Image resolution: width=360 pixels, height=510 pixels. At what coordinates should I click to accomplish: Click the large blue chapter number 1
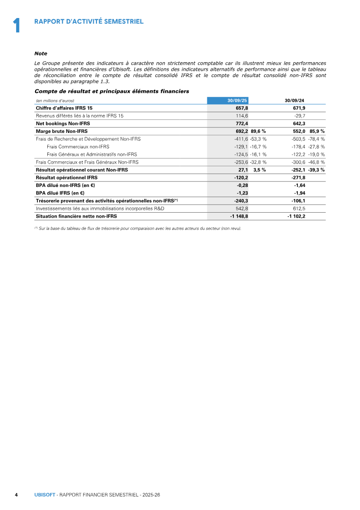pos(17,25)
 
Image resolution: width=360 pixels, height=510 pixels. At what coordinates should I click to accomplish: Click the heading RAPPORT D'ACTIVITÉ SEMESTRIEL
pos(89,21)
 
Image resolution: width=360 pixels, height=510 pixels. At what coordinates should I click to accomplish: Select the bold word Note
pos(41,53)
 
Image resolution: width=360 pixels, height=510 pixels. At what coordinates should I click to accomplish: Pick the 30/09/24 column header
pos(295,100)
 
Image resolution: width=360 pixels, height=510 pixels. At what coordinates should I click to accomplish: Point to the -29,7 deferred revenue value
pos(299,116)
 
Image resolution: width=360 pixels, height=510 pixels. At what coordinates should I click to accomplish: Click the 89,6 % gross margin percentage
pos(258,131)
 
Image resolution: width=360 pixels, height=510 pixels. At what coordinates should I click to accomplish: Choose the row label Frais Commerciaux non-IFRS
pos(77,146)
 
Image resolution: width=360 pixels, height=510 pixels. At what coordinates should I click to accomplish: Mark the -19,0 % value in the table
pos(316,154)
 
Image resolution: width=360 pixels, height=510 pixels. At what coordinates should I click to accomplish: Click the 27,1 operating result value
pos(243,170)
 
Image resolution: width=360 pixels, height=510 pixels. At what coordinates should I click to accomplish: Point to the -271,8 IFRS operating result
pos(298,178)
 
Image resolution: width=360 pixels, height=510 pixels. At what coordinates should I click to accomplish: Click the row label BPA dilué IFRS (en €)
pos(60,193)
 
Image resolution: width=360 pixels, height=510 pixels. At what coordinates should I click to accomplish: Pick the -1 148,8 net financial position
pos(239,216)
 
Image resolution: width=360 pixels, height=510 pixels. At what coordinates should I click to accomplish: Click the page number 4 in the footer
pos(16,495)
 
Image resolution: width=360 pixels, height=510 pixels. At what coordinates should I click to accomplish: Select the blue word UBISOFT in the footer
pos(45,495)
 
